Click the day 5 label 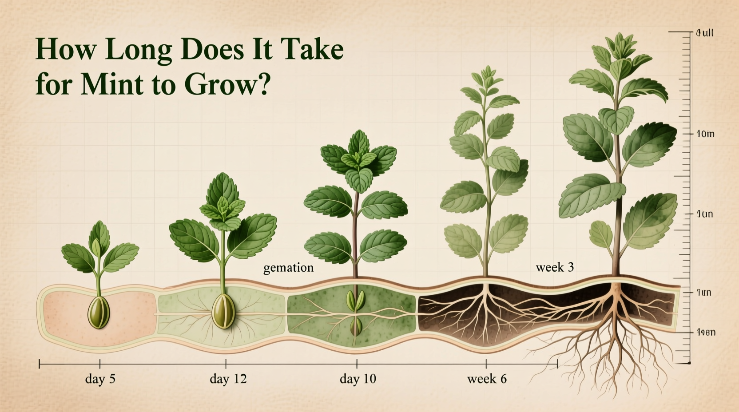[100, 379]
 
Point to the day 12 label [228, 379]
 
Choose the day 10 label [358, 379]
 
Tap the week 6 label [487, 379]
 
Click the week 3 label [555, 267]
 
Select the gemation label [288, 268]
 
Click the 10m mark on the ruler [705, 134]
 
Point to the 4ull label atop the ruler [705, 33]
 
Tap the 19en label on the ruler [706, 333]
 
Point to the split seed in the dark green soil [356, 301]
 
